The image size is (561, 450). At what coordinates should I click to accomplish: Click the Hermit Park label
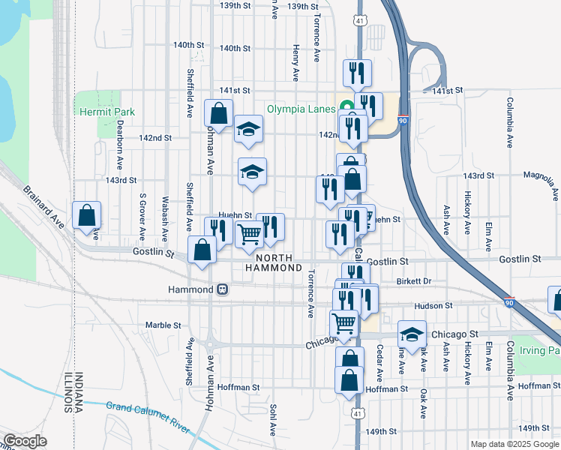[107, 112]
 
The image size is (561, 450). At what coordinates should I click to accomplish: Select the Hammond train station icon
[222, 289]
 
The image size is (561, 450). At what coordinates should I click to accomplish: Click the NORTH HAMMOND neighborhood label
[273, 262]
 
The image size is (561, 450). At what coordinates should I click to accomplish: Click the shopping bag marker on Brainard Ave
[87, 216]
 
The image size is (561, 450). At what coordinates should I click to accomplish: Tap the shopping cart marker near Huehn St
[250, 235]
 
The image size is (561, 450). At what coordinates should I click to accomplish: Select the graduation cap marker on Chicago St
[411, 333]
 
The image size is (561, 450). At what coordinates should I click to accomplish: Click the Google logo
[25, 441]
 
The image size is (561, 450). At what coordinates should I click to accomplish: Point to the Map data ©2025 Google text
[514, 444]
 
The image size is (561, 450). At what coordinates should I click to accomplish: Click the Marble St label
[163, 325]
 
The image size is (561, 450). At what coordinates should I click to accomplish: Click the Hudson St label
[433, 306]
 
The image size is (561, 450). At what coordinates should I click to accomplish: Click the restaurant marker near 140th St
[356, 73]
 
